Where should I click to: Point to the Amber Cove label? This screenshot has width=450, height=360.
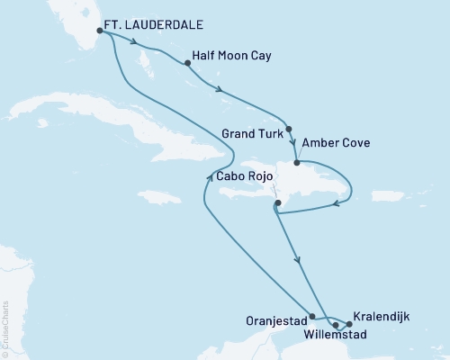336,142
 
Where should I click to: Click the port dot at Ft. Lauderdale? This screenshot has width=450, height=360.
100,30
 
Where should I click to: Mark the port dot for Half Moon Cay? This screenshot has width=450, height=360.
187,64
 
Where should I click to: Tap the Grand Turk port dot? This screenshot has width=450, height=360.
289,128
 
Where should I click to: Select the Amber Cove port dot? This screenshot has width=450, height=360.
297,163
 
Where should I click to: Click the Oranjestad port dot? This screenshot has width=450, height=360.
311,317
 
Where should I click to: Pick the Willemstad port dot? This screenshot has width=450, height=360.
335,325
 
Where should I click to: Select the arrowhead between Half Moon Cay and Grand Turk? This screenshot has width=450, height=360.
218,86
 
